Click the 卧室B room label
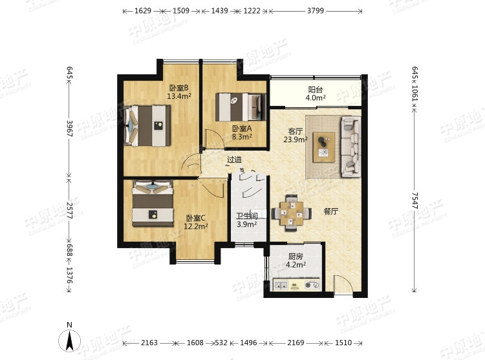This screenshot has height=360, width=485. (178, 88)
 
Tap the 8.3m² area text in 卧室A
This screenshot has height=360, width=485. (242, 136)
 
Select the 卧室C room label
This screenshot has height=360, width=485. (195, 218)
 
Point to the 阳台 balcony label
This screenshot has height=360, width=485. (315, 90)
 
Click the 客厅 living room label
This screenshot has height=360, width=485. (296, 131)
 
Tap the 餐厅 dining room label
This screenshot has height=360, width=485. (330, 211)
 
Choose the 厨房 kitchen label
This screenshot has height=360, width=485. (296, 257)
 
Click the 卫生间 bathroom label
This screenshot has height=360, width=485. (247, 217)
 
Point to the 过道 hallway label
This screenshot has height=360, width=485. (234, 160)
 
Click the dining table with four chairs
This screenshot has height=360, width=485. (292, 213)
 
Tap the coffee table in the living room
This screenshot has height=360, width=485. (324, 147)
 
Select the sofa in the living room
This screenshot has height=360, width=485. (351, 147)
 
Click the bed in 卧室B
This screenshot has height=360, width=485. (147, 126)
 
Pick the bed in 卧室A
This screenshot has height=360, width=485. (241, 107)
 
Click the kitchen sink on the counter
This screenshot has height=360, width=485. (281, 285)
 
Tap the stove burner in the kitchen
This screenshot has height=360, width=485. (312, 285)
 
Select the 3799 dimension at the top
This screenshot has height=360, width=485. (316, 11)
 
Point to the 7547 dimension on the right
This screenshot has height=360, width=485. (415, 200)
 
